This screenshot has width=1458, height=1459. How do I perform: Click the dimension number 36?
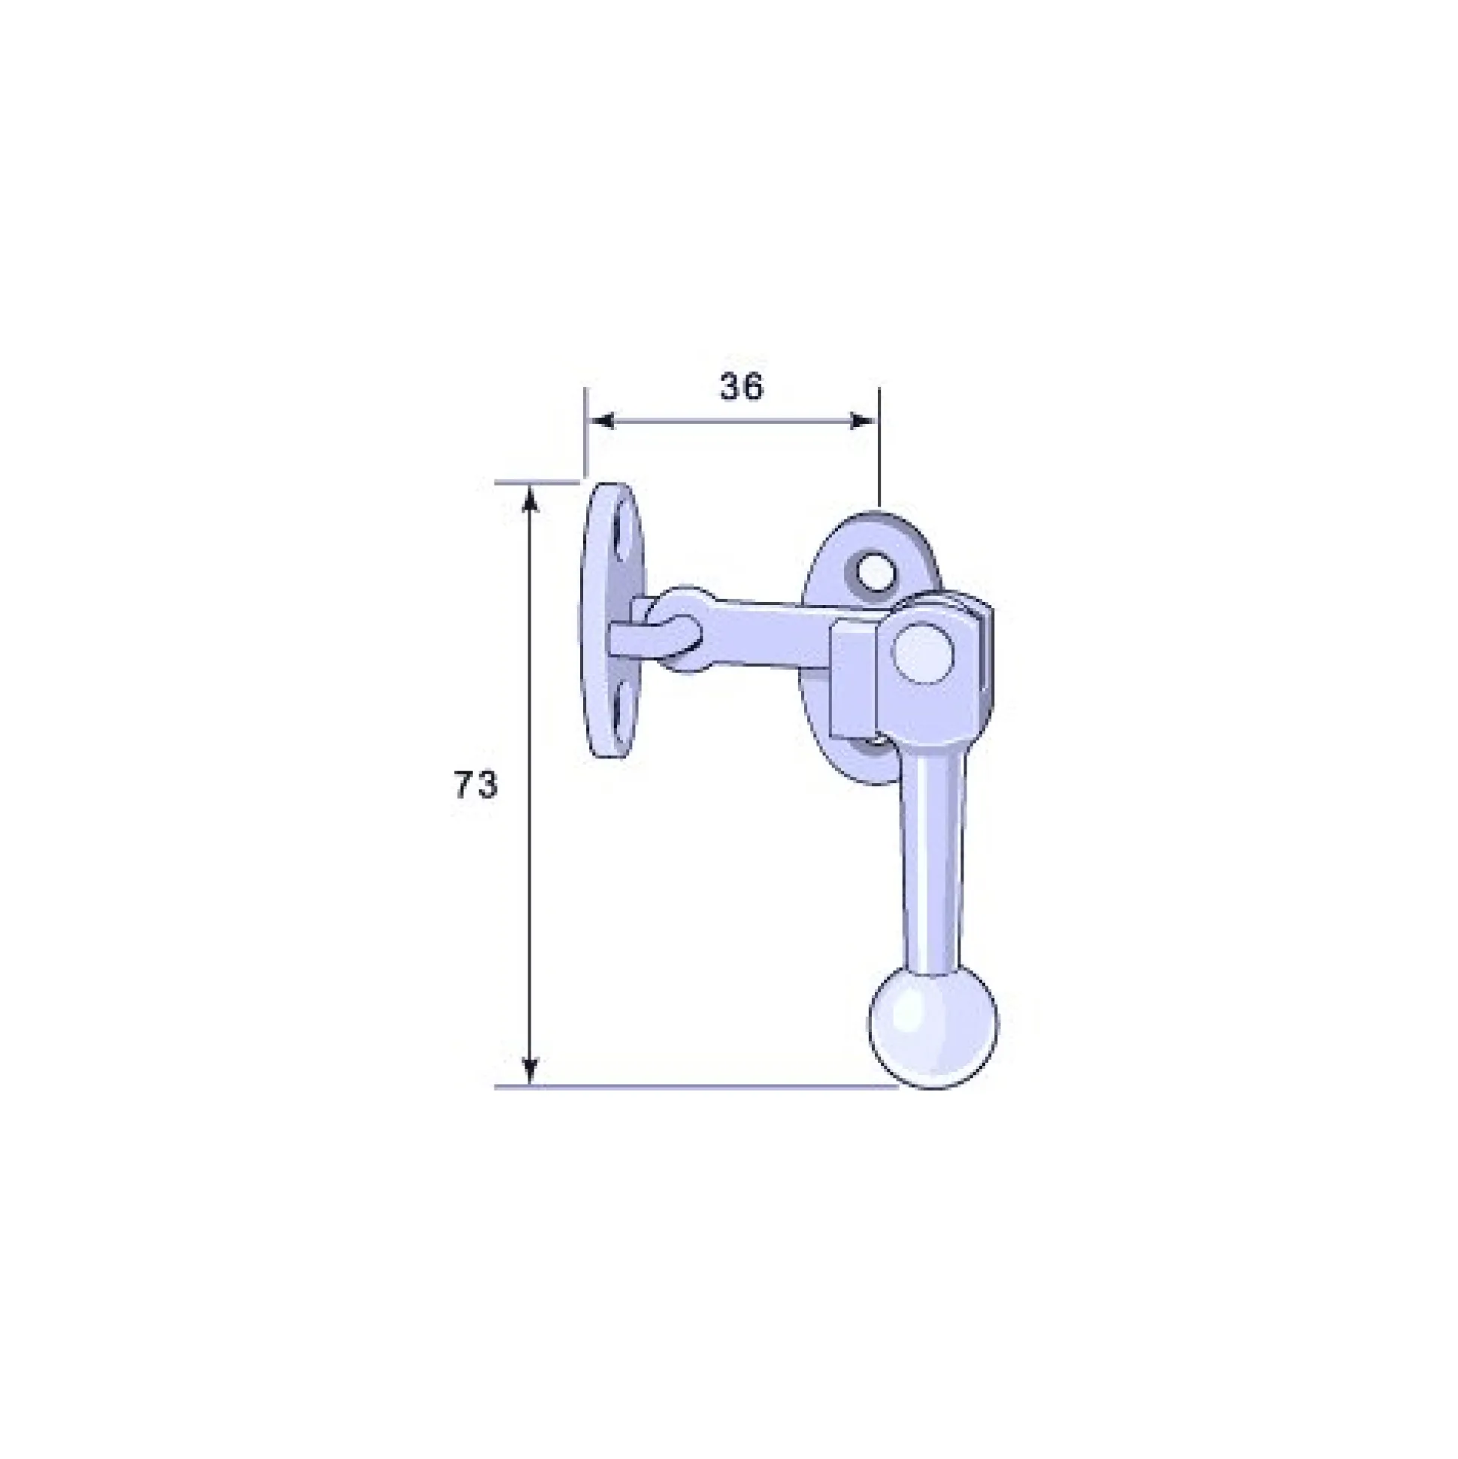coord(742,386)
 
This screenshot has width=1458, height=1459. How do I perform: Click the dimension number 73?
coord(476,785)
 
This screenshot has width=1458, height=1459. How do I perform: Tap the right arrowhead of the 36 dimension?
coord(864,421)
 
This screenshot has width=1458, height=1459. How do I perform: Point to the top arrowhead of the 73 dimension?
coord(530,499)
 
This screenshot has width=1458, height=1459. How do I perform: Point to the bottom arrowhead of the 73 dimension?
coord(530,1072)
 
